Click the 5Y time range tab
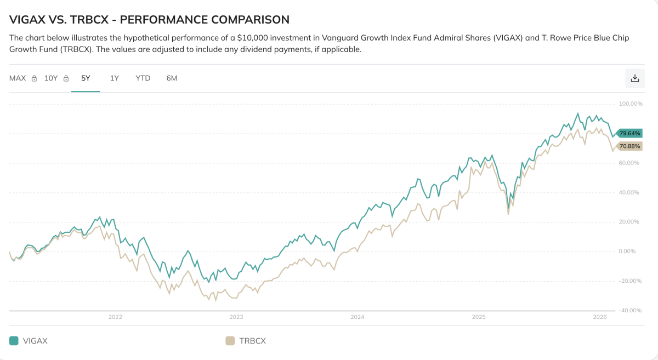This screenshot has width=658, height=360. pos(86,78)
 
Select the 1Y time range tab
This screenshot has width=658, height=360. pos(115,78)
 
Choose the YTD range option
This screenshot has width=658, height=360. pos(143,78)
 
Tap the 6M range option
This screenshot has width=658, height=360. pos(172,78)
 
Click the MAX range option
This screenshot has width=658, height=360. pos(18,78)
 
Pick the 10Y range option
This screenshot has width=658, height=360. pos(51,78)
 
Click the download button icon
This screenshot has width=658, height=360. pos(635,78)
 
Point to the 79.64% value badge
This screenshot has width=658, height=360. pos(629,133)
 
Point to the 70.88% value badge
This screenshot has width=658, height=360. pos(629,146)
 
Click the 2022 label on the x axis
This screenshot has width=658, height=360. pos(115,317)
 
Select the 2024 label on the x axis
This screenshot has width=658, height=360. pos(358,317)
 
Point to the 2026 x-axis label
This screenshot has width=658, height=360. pos(600,317)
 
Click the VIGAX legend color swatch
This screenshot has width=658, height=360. pos(14,341)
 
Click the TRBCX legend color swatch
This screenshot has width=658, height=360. pos(230,341)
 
